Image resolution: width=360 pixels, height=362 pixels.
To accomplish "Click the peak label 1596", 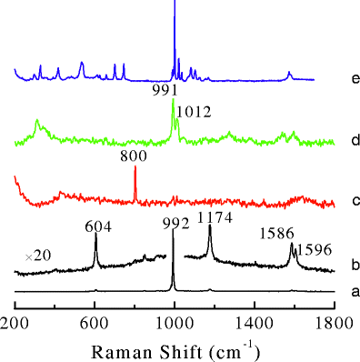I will (x=315, y=247).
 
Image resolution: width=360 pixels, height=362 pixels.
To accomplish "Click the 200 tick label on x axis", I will (x=15, y=320).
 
